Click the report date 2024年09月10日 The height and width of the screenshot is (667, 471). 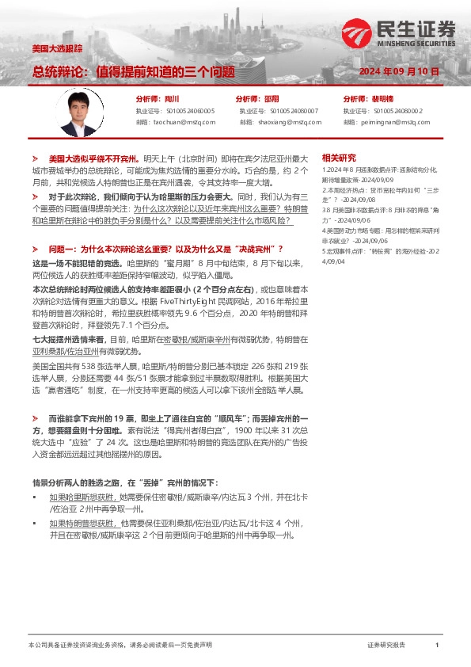pos(399,71)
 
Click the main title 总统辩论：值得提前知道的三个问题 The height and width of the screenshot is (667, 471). pos(133,71)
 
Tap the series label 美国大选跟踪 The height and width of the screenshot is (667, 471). pos(57,48)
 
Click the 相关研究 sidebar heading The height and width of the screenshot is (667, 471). pos(340,157)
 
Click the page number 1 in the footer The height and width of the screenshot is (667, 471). pos(437,646)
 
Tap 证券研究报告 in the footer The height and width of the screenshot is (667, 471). pos(386,646)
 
